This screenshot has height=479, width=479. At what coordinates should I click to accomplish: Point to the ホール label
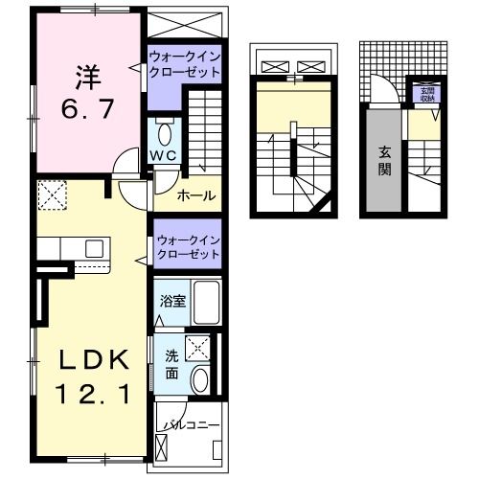coord(196,196)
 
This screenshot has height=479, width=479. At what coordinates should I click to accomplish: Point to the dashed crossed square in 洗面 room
coord(198,349)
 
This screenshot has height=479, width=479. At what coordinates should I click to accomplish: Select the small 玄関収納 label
coord(422,94)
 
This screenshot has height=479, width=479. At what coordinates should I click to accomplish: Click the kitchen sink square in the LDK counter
coord(94,249)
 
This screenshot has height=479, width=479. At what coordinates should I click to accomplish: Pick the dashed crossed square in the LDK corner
coord(51,197)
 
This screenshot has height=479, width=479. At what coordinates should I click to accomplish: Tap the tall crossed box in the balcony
coord(159,446)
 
